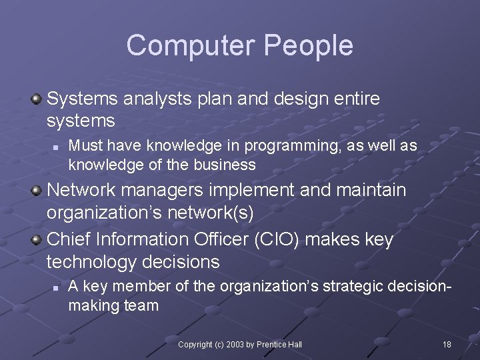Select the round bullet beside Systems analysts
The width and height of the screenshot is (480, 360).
pos(37,99)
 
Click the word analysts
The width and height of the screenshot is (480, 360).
pos(157,99)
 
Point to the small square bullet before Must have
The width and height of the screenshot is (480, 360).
pos(56,146)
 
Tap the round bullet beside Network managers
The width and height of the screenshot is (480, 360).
pos(37,191)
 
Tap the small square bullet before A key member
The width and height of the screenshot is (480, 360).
pos(56,287)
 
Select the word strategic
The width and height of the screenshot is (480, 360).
pos(354,287)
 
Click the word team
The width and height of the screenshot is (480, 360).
pos(141,305)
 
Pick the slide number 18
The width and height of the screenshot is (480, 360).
pos(447,344)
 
